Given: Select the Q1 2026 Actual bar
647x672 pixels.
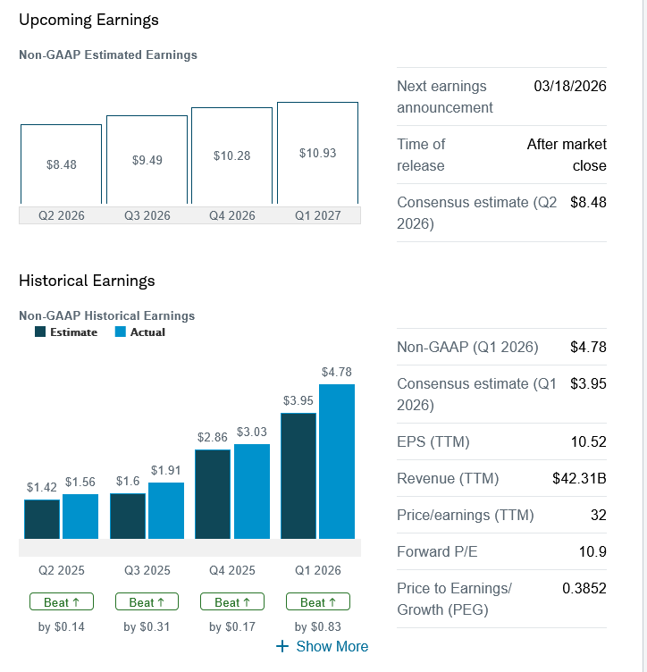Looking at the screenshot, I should point(337,461).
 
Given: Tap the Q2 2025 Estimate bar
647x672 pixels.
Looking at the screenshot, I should point(42,519).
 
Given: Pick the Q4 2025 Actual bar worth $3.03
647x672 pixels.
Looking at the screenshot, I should point(252,491).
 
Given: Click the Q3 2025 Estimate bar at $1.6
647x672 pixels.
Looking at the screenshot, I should point(128,516).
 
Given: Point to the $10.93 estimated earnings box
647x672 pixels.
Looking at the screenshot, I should point(317,153).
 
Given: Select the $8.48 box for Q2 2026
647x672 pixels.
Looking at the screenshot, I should point(61,164).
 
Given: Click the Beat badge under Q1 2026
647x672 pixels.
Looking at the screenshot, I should point(317,602).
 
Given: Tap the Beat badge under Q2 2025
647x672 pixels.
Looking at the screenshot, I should point(62,602).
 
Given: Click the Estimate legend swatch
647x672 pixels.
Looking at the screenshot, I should point(40,332).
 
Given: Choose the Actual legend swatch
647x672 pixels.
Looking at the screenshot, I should point(121,332).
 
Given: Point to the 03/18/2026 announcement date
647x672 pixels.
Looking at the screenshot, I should point(569,87).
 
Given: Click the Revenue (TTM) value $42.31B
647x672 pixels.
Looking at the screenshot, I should point(579,479).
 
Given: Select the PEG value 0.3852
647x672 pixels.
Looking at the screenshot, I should point(584,589).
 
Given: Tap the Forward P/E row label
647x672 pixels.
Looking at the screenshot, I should point(437,552).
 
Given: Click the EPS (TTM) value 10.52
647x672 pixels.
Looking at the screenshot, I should point(588,442).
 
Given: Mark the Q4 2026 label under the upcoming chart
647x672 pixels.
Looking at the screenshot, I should point(232,215).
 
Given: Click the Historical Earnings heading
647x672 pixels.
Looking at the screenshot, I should point(87,281).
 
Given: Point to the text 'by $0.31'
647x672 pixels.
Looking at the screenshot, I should point(147,626).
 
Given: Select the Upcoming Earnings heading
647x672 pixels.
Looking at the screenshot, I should point(88,20).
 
